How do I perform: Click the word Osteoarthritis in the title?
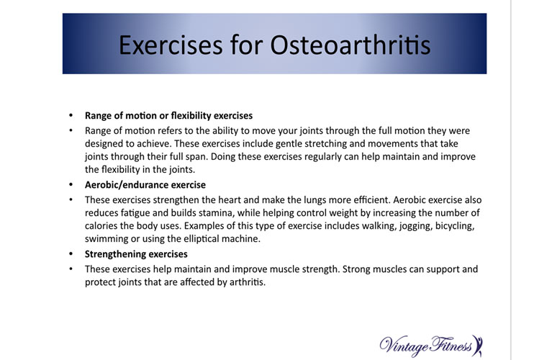pyautogui.click(x=350, y=45)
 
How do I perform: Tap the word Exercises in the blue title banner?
pyautogui.click(x=171, y=45)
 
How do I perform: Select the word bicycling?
pyautogui.click(x=455, y=227)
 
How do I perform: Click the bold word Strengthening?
pyautogui.click(x=115, y=255)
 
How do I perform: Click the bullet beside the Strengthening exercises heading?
pyautogui.click(x=71, y=254)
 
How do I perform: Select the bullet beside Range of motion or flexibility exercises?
pyautogui.click(x=71, y=115)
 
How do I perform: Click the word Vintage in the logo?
pyautogui.click(x=404, y=346)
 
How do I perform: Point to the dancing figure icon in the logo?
pyautogui.click(x=478, y=345)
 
